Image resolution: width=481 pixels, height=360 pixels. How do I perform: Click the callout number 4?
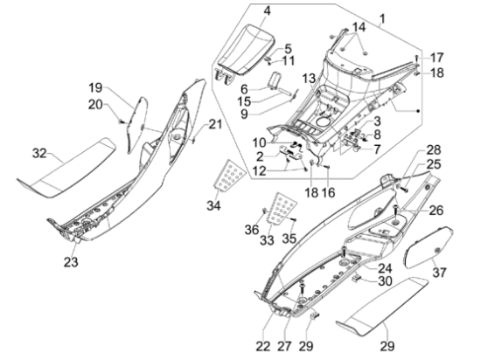click(x=267, y=11)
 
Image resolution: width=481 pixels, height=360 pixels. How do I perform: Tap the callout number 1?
click(x=382, y=18)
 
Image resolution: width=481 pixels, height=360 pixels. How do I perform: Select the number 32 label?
click(x=39, y=153)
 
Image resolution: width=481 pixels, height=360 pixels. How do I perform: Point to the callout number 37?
click(x=439, y=272)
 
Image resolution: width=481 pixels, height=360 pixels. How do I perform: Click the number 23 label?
click(x=71, y=262)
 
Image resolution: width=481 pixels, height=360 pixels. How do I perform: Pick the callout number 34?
click(x=213, y=205)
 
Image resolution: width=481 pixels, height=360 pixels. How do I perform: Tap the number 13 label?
click(x=309, y=79)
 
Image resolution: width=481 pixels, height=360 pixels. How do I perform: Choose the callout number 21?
click(x=215, y=124)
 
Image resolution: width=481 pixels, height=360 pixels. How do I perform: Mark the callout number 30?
click(x=385, y=280)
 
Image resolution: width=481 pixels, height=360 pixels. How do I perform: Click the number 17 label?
click(x=436, y=58)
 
